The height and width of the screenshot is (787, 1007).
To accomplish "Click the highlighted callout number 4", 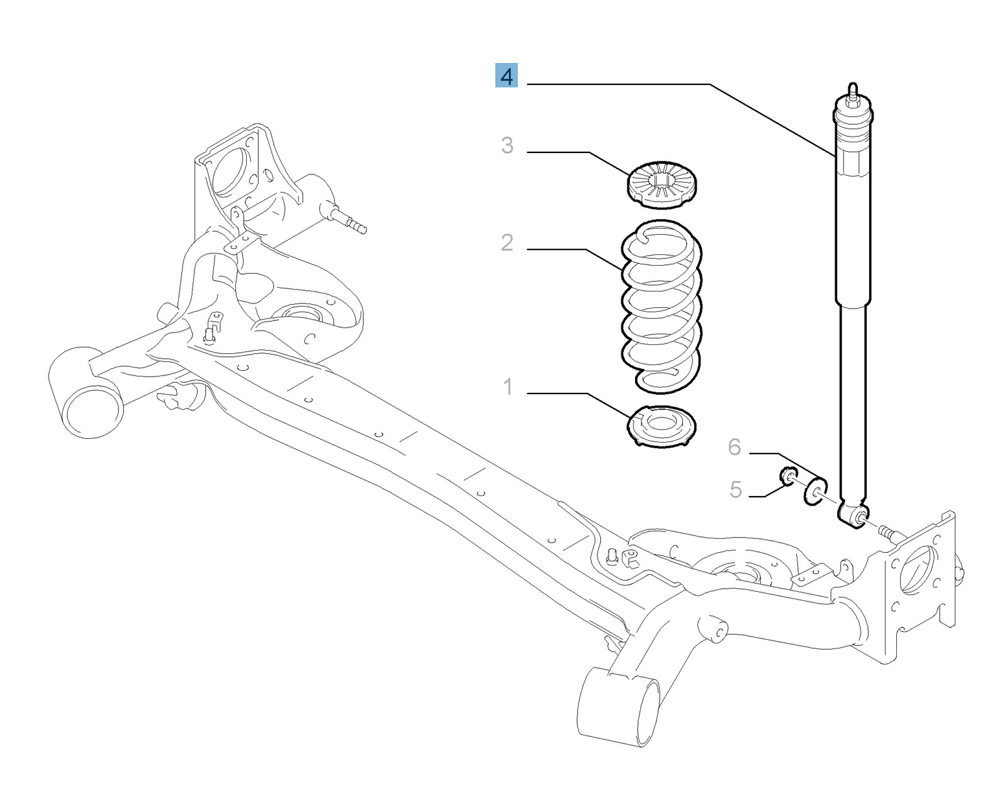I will pyautogui.click(x=506, y=76).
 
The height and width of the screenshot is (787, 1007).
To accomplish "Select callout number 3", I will pyautogui.click(x=507, y=145).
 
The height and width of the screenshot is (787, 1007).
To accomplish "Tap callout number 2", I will pyautogui.click(x=507, y=242).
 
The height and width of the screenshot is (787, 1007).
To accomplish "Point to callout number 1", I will pyautogui.click(x=508, y=387).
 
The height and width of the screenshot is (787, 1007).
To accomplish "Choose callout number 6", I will pyautogui.click(x=734, y=447).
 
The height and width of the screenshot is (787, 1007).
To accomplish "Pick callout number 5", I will pyautogui.click(x=736, y=489).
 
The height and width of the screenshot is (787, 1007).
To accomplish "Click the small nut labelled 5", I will pyautogui.click(x=787, y=477).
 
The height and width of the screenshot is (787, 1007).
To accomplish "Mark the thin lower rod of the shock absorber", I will pyautogui.click(x=853, y=403).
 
